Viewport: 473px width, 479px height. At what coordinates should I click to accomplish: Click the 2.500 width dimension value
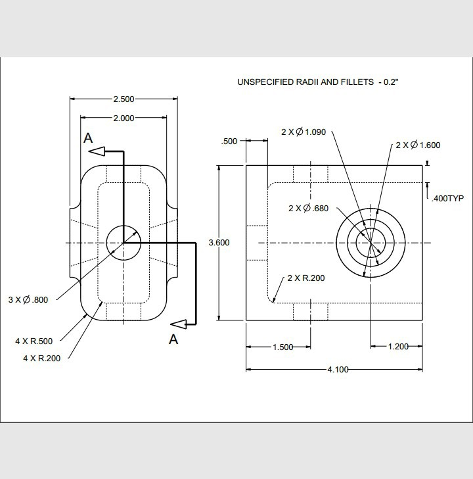click(x=124, y=99)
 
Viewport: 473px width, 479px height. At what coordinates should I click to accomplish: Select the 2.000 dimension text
click(x=124, y=118)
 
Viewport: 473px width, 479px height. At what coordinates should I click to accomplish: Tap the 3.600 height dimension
click(x=219, y=243)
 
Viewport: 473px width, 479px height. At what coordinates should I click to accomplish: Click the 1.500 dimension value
click(x=282, y=347)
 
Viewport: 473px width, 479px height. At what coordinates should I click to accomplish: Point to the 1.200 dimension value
click(x=398, y=347)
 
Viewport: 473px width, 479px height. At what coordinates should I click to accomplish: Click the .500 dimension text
click(x=229, y=141)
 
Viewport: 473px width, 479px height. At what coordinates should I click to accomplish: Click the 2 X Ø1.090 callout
click(x=304, y=132)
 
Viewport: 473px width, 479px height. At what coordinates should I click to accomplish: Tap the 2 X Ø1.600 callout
click(x=418, y=145)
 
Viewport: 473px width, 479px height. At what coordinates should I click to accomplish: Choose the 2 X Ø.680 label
click(x=308, y=208)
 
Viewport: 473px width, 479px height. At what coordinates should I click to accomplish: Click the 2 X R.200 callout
click(x=306, y=278)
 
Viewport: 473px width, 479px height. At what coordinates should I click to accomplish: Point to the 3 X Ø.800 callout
click(x=28, y=299)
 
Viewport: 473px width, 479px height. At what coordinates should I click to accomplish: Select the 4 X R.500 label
click(x=34, y=341)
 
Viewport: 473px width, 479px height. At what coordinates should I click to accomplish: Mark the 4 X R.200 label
click(x=34, y=358)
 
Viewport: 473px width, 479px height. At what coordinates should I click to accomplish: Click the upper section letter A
click(x=87, y=138)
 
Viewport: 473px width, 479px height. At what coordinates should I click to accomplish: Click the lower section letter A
click(x=174, y=339)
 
